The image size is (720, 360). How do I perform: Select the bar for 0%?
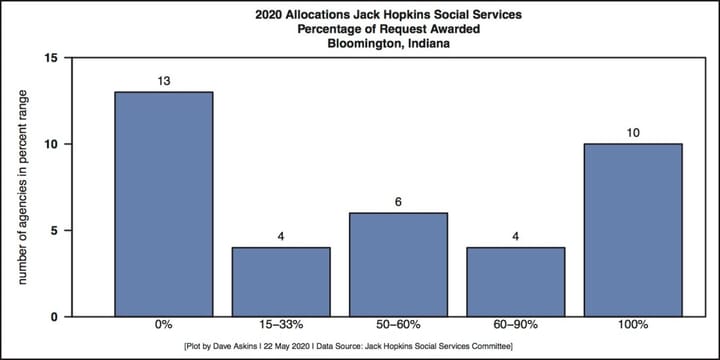coord(164,204)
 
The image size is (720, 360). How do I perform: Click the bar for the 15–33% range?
coord(281,282)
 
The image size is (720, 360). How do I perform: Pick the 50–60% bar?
coord(398,265)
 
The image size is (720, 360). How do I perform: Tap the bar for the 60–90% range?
coord(515,282)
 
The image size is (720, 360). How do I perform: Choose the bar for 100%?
coord(633,230)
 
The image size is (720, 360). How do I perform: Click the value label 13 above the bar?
coord(164,81)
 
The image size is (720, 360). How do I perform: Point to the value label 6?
coord(398,201)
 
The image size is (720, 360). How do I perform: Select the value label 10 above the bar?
coord(633,132)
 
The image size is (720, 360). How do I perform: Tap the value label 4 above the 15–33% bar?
coord(281,236)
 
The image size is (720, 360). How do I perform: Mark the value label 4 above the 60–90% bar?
coord(515,236)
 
